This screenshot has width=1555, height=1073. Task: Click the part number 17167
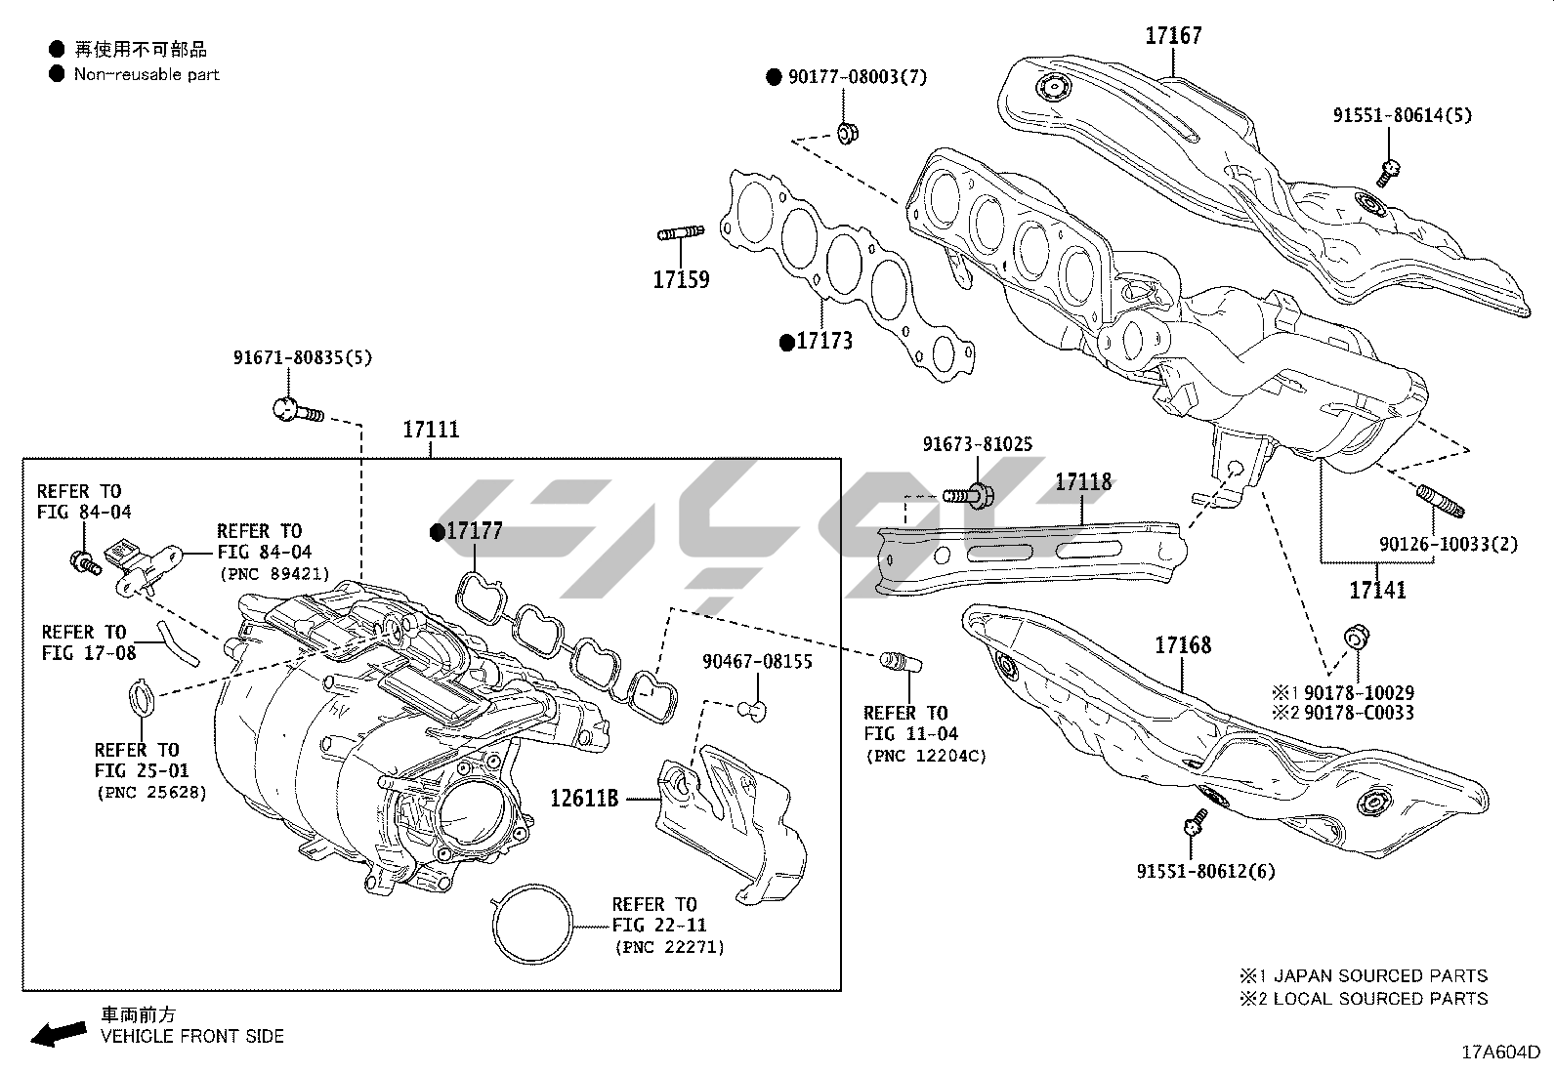1173,36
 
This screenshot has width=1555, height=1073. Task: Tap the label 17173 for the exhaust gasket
824,341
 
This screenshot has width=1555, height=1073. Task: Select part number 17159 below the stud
681,280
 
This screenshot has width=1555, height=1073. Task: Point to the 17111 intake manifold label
430,430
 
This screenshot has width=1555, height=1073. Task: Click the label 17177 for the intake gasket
474,531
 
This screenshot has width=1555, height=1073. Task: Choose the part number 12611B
584,799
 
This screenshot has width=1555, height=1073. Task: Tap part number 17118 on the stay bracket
1083,481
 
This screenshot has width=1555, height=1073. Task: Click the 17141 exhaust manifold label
1377,590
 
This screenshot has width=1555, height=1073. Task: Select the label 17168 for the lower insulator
1182,645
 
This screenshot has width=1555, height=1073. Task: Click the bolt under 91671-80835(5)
295,410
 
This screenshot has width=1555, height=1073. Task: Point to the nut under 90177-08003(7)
848,132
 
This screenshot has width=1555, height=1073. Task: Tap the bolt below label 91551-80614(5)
1390,173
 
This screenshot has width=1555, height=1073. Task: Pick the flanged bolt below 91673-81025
970,495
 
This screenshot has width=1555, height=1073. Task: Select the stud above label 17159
681,233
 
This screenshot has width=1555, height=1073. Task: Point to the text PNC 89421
275,574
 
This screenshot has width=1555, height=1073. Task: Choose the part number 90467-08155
757,662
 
